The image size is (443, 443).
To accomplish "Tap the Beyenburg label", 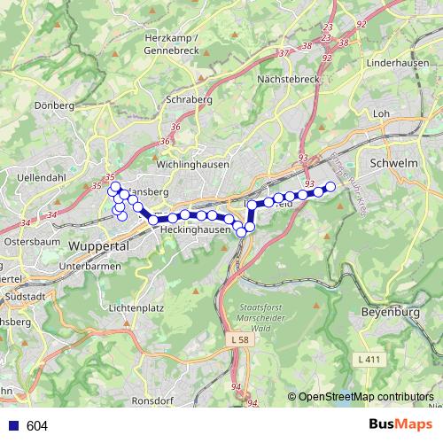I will pos(389,313).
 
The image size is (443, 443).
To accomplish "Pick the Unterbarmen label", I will pos(89,266).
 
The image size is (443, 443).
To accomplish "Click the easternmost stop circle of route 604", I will pos(331,186).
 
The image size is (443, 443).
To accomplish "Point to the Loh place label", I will pos(383,113).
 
